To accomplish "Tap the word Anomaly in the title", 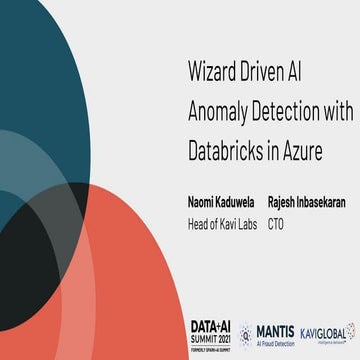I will pos(221,112).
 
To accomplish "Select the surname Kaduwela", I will pos(242,202).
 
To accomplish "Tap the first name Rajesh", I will pos(284,202).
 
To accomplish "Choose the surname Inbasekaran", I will pos(326,202).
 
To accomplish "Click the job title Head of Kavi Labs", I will pos(224,224).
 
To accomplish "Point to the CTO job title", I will pos(276,224).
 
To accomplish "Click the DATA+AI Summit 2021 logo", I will pos(210,331).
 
